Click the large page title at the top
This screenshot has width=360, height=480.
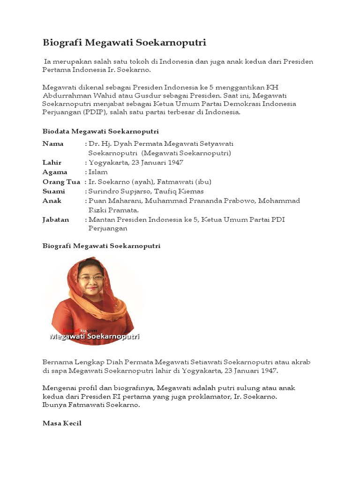click(x=124, y=43)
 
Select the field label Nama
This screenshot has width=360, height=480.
click(x=52, y=143)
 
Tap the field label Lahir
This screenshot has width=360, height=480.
click(x=52, y=162)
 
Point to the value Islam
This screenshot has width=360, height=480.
click(x=98, y=172)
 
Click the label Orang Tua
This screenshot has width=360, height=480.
click(x=61, y=181)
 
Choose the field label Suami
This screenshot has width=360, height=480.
click(x=53, y=191)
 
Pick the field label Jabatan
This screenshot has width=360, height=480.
click(x=56, y=219)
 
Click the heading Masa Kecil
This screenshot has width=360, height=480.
click(x=62, y=423)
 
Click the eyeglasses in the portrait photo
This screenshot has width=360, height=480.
click(x=91, y=277)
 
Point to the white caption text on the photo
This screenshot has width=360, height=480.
click(x=95, y=336)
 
